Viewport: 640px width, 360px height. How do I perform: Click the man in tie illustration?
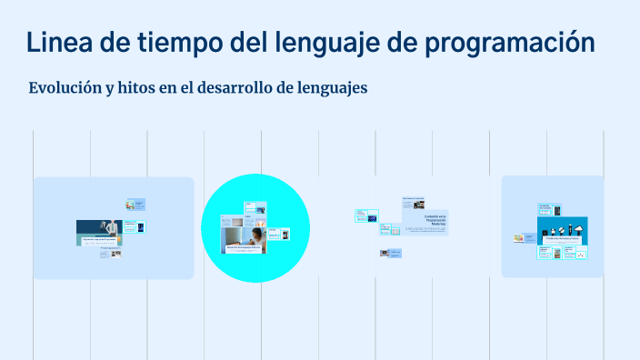(111, 228)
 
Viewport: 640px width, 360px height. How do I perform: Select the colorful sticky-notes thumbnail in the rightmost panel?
(519, 238)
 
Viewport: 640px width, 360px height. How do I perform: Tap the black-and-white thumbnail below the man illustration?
(116, 254)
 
